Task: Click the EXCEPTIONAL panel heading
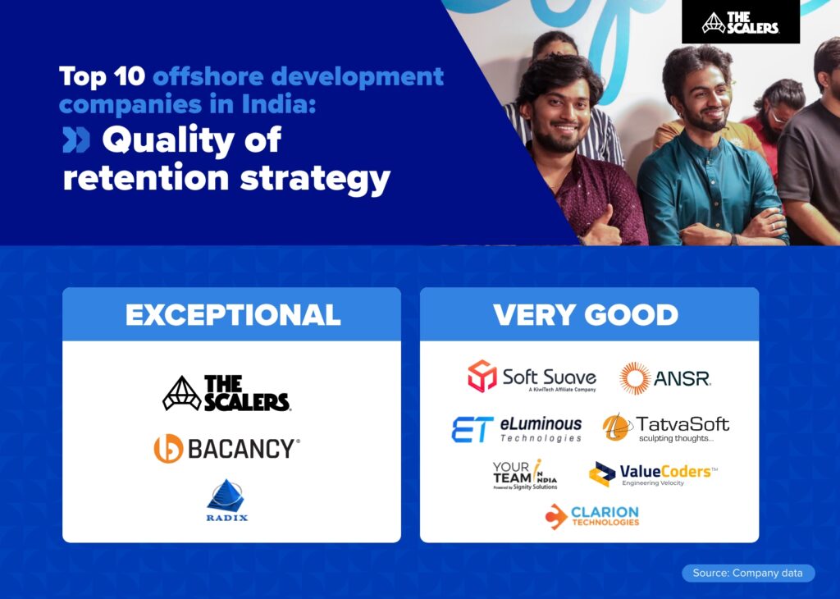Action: pos(232,315)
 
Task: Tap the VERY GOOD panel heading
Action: pos(586,315)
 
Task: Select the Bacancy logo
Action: pos(226,449)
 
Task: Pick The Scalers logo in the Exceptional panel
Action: pos(226,394)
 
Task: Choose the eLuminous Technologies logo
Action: pos(516,429)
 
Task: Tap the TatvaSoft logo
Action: pos(665,428)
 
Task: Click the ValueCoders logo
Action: pos(653,474)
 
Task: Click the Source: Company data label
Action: pos(748,573)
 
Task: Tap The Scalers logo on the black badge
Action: pos(740,23)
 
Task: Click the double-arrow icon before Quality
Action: pos(76,141)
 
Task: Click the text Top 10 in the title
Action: pos(102,78)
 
